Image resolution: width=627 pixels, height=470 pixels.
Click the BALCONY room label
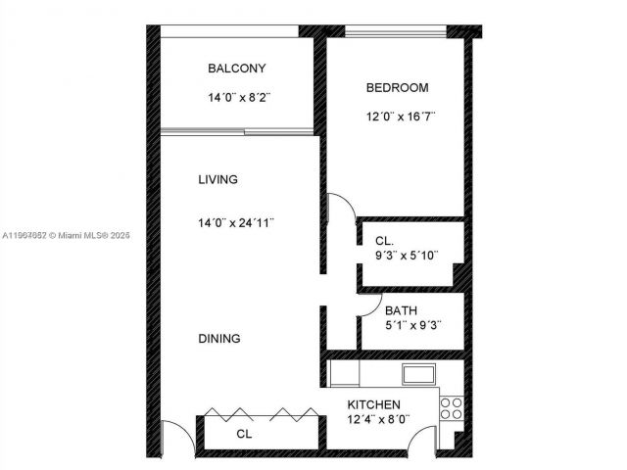click(236, 69)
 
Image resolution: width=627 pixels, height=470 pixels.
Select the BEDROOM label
click(397, 88)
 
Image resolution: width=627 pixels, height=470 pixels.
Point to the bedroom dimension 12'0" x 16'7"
click(400, 117)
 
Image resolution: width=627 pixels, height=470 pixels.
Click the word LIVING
click(217, 180)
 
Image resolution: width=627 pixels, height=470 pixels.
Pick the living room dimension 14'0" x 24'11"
click(235, 222)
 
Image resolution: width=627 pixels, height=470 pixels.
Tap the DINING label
click(219, 339)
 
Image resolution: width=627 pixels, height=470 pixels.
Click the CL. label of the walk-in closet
click(385, 241)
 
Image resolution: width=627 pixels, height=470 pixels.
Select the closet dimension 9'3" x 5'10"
click(407, 256)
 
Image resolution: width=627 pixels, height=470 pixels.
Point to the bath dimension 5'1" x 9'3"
click(409, 326)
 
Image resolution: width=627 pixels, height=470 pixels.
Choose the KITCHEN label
click(374, 405)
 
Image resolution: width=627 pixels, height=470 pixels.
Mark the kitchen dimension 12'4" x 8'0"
click(377, 420)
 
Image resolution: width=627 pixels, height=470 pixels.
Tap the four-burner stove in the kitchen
click(451, 407)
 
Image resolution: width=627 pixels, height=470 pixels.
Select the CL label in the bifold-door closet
click(244, 433)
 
